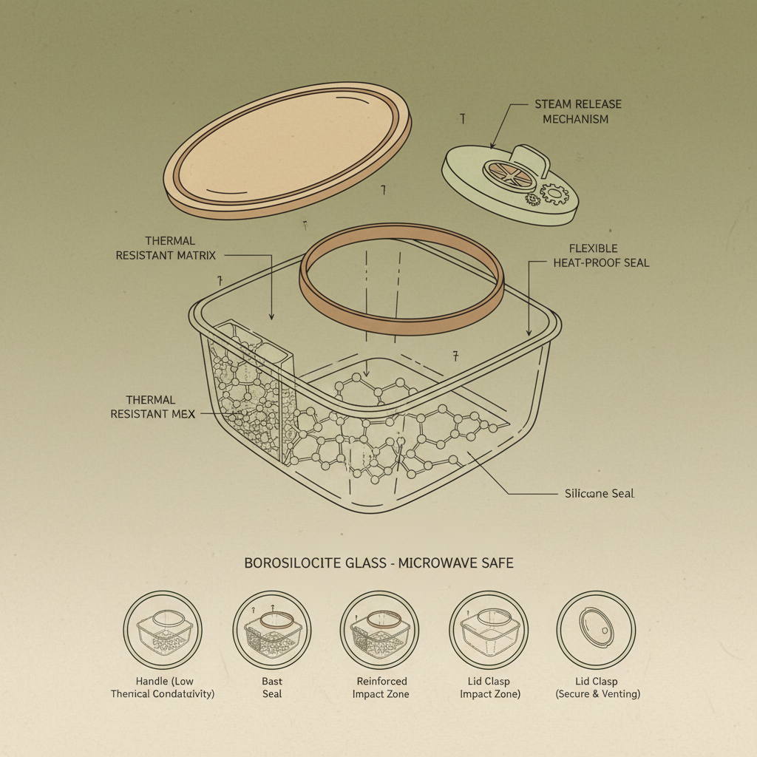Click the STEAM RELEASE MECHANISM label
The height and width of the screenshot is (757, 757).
[x=577, y=112]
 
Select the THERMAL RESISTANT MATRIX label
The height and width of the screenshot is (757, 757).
[x=166, y=248]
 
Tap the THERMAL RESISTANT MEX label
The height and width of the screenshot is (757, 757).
[x=152, y=407]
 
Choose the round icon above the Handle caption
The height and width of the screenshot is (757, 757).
[x=163, y=630]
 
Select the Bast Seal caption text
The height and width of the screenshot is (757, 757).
[x=271, y=688]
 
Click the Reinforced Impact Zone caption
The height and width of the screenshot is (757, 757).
[x=381, y=688]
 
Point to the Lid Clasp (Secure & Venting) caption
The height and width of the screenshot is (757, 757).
[x=597, y=688]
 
